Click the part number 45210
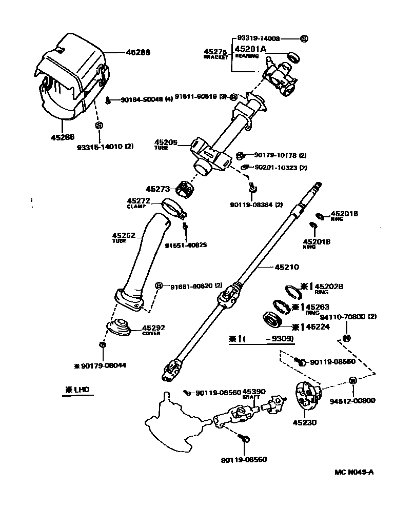pos(287,267)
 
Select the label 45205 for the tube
pos(165,142)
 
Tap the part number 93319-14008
pos(259,38)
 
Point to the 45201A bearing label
pos(250,49)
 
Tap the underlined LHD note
pos(76,390)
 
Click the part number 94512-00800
pos(353,401)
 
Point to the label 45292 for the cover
pos(153,328)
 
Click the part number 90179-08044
pos(103,365)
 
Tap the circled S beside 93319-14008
pos(303,39)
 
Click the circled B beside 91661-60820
pos(159,285)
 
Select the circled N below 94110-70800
pos(346,338)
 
